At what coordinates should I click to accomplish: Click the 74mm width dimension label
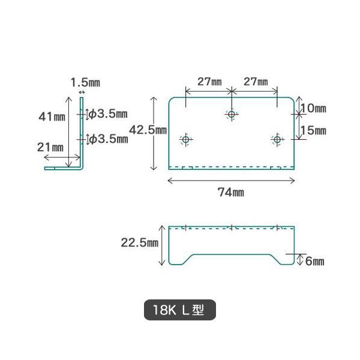(231, 192)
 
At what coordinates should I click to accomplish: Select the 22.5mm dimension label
(139, 243)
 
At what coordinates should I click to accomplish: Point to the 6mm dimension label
(314, 261)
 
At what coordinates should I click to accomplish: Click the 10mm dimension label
(313, 109)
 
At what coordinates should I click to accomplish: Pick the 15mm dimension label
(313, 130)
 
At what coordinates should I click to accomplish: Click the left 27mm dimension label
(208, 81)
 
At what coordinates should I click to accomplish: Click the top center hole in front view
(232, 113)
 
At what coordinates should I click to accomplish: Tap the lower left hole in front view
(185, 140)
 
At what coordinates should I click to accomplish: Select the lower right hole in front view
(277, 140)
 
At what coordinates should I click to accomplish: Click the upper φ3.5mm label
(109, 113)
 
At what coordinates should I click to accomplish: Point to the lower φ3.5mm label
(109, 139)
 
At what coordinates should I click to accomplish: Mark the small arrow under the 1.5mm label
(81, 92)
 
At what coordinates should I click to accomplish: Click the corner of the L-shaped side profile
(80, 169)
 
